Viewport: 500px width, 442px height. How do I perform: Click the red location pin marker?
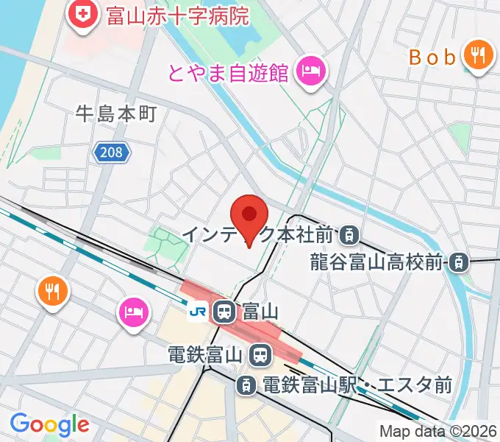click(249, 218)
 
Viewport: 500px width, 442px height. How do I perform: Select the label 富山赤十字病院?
click(177, 15)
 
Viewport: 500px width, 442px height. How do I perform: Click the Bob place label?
click(432, 57)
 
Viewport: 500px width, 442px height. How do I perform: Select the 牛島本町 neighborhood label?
click(117, 113)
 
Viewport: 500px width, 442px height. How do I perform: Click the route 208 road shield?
click(112, 153)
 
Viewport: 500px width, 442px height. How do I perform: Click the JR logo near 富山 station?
click(198, 312)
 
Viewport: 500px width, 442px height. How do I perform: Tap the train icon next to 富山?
click(224, 312)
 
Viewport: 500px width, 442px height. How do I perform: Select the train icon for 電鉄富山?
click(258, 356)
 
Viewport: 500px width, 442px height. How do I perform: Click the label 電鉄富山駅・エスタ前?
click(357, 385)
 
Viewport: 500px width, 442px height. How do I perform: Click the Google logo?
click(49, 424)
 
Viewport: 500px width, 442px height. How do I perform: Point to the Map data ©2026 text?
click(438, 431)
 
